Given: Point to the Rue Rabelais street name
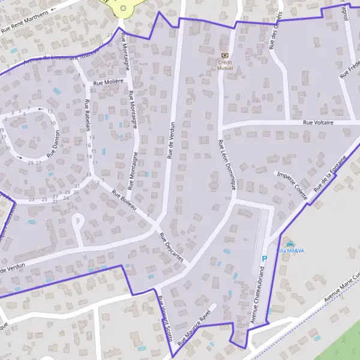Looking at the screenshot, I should [88, 115].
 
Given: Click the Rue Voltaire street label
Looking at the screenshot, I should [318, 122].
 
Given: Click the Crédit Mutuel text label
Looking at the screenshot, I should [226, 64].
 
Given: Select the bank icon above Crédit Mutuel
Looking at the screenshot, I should [226, 55].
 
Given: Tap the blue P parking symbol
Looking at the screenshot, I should [264, 260].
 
